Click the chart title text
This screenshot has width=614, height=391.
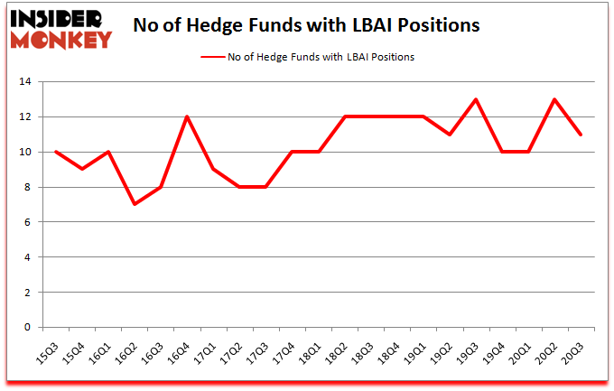point(306,25)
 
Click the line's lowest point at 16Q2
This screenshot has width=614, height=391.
point(135,204)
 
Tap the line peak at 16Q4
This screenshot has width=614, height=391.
point(186,117)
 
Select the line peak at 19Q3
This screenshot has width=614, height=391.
point(475,99)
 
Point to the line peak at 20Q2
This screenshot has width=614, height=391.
point(554,99)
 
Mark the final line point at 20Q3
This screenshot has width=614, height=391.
point(580,135)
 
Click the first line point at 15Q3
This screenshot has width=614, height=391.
point(56,152)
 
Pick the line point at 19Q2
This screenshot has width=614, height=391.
point(450,135)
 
